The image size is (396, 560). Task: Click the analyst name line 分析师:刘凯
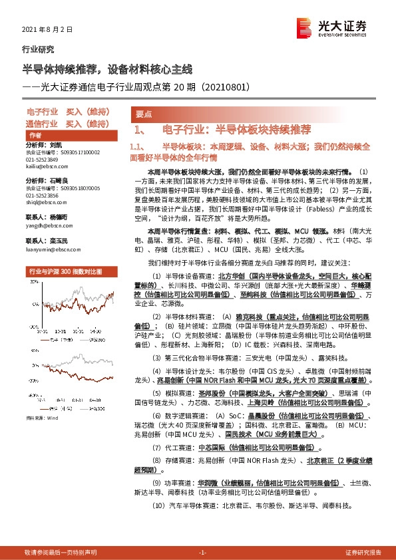coord(44,144)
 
